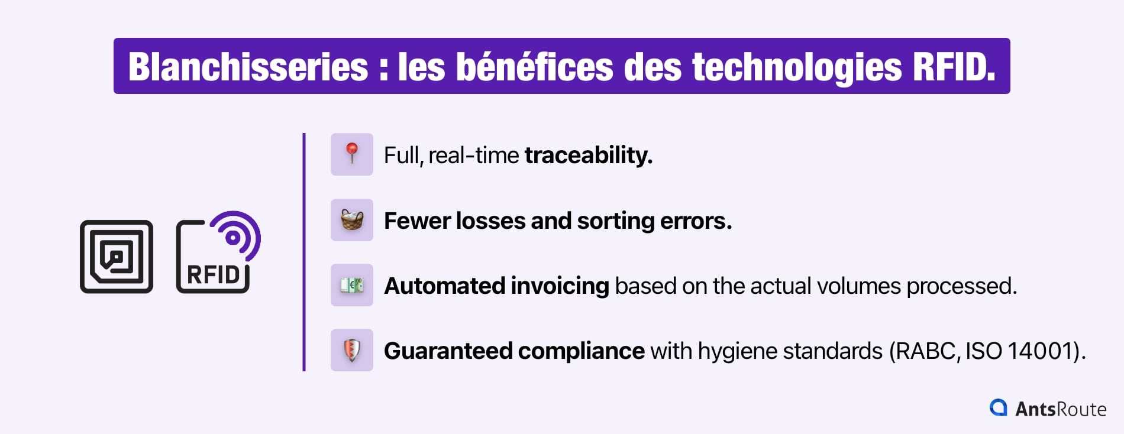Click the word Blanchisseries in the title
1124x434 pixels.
(248, 67)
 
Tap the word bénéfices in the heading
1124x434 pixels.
(535, 66)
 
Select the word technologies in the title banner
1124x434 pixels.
(797, 67)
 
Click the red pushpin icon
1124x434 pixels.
(352, 154)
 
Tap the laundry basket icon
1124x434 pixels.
(352, 220)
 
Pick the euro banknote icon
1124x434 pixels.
(352, 286)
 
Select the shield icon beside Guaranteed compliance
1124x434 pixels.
(352, 351)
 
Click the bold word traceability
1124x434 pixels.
(589, 156)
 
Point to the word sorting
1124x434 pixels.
(615, 221)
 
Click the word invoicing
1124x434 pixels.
(560, 286)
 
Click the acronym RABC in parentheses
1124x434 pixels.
(926, 351)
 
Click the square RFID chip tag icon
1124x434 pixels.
(117, 257)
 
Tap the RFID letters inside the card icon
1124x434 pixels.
(214, 275)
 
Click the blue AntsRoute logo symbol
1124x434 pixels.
(999, 408)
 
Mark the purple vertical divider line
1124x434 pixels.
(304, 252)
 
